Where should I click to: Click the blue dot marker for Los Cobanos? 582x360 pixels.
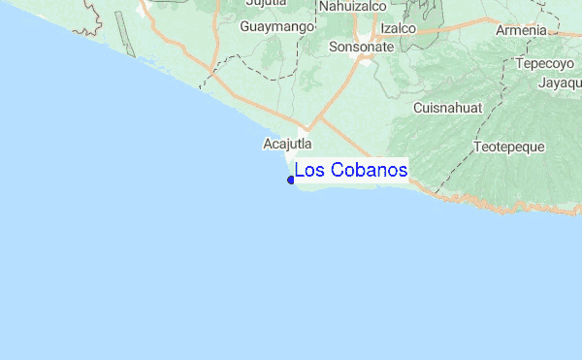coord(291,180)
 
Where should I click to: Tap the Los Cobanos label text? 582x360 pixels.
coord(351,170)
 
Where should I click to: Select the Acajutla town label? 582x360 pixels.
coord(287,144)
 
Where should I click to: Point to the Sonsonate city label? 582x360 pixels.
coord(361,46)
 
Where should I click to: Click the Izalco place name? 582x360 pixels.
coord(398,28)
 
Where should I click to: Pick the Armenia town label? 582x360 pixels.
coord(521,30)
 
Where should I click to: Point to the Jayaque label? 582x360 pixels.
coord(560,82)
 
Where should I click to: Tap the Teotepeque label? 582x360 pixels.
coord(509,147)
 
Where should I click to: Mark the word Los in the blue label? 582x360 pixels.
coord(309,170)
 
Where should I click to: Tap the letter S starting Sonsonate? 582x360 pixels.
coord(334,46)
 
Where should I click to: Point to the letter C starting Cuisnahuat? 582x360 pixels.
coord(418,107)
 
